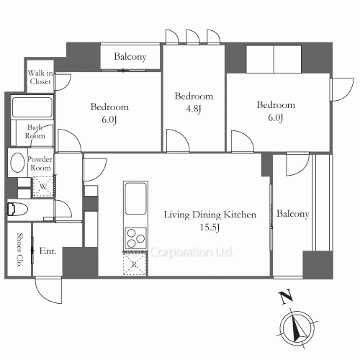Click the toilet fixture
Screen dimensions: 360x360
pyautogui.click(x=18, y=210)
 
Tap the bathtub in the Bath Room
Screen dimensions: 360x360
pyautogui.click(x=32, y=107)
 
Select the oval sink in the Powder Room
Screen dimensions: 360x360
pyautogui.click(x=17, y=163)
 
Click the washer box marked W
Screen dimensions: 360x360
pyautogui.click(x=43, y=186)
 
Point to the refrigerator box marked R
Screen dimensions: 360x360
pyautogui.click(x=135, y=264)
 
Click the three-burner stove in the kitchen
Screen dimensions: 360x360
pyautogui.click(x=135, y=238)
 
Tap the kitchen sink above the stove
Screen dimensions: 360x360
pyautogui.click(x=135, y=199)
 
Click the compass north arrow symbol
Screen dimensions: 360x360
pyautogui.click(x=298, y=328)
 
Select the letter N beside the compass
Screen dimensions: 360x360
pyautogui.click(x=286, y=297)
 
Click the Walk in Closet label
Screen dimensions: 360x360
pyautogui.click(x=40, y=77)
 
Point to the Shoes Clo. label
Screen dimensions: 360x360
pyautogui.click(x=19, y=250)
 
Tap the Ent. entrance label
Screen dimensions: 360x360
pyautogui.click(x=48, y=251)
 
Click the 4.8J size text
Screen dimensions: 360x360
pyautogui.click(x=194, y=109)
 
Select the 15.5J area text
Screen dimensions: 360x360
pyautogui.click(x=210, y=228)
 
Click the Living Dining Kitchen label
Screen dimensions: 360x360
pyautogui.click(x=210, y=215)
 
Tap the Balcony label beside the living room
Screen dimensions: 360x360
pyautogui.click(x=293, y=214)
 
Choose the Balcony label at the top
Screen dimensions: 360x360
pyautogui.click(x=130, y=57)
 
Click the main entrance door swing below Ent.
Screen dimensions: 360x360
pyautogui.click(x=48, y=290)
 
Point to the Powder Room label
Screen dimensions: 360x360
pyautogui.click(x=40, y=163)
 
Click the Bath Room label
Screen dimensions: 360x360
pyautogui.click(x=35, y=132)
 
